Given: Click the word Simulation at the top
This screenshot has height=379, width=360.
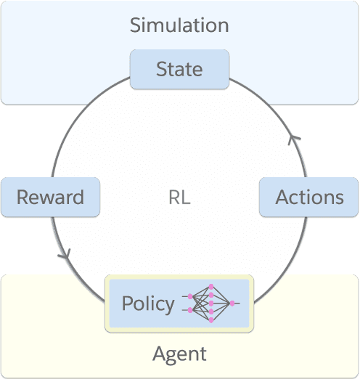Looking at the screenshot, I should pyautogui.click(x=179, y=25).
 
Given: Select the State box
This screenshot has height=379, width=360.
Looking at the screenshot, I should pyautogui.click(x=179, y=70).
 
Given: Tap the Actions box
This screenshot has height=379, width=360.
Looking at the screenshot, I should pyautogui.click(x=309, y=197).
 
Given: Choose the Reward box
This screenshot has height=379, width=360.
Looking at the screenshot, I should pyautogui.click(x=50, y=197).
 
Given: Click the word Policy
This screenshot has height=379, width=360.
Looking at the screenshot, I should pyautogui.click(x=148, y=303).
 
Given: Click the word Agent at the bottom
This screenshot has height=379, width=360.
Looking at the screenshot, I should pyautogui.click(x=179, y=354).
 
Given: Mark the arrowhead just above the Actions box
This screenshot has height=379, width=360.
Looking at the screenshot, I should pyautogui.click(x=293, y=139).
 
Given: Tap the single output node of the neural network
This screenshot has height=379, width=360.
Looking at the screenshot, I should pyautogui.click(x=232, y=302).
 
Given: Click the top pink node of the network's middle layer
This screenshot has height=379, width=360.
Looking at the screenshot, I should pyautogui.click(x=211, y=287).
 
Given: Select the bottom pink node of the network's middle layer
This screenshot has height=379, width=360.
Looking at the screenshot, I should pyautogui.click(x=211, y=319).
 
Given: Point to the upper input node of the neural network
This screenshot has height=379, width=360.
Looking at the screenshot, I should pyautogui.click(x=191, y=296).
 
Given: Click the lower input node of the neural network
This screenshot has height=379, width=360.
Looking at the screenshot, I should pyautogui.click(x=191, y=310).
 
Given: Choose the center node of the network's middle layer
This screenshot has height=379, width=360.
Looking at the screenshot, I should pyautogui.click(x=211, y=303).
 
